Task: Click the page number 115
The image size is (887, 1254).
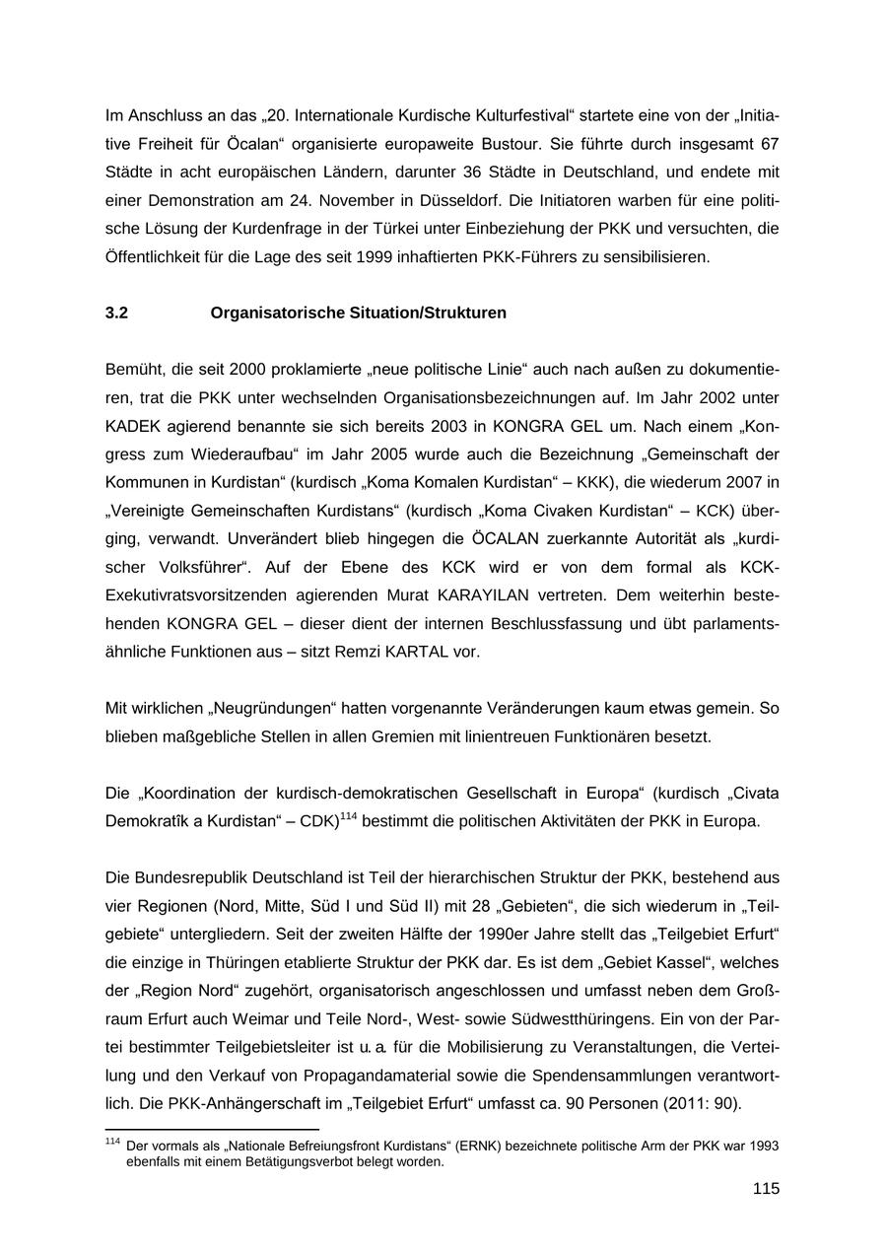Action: pos(766,1189)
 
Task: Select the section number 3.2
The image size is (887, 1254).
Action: pos(116,313)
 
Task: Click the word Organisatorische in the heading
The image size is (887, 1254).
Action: pos(271,313)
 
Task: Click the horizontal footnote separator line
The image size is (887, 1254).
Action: pos(212,1129)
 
